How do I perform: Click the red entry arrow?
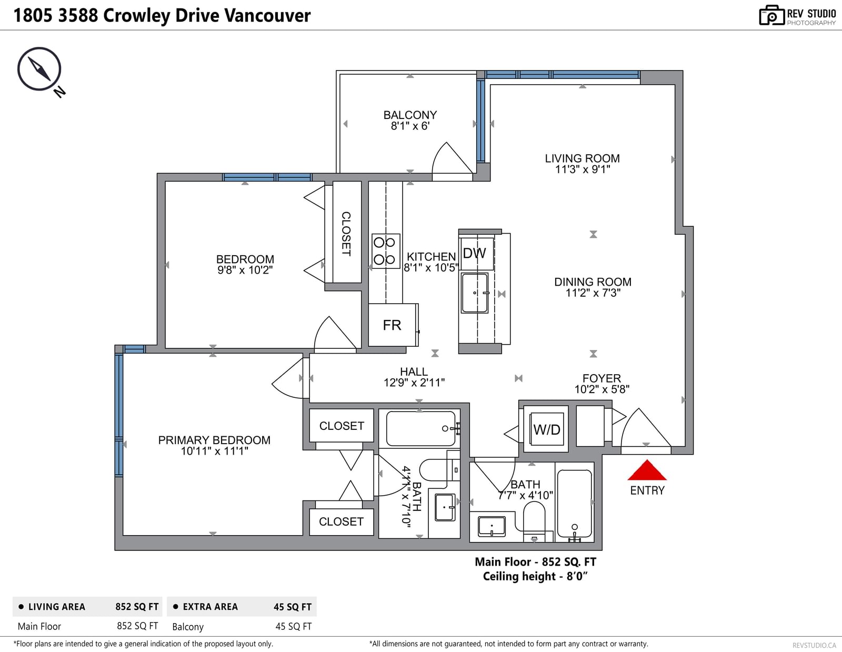647,470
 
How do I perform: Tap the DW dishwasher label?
474,253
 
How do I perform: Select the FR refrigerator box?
393,325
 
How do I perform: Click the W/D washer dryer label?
546,429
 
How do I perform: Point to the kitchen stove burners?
386,250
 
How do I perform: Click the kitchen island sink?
475,293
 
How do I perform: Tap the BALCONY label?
410,115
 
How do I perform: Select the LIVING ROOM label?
582,158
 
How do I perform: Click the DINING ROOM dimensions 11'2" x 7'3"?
593,293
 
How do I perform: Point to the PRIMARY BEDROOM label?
214,440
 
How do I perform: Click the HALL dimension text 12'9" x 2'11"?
414,383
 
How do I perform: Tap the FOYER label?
602,378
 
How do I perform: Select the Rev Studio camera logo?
772,15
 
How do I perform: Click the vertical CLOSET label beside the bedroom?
346,234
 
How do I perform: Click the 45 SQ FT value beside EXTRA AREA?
293,607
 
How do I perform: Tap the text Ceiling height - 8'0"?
535,576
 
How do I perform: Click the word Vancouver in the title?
268,15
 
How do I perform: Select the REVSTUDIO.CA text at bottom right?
814,645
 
